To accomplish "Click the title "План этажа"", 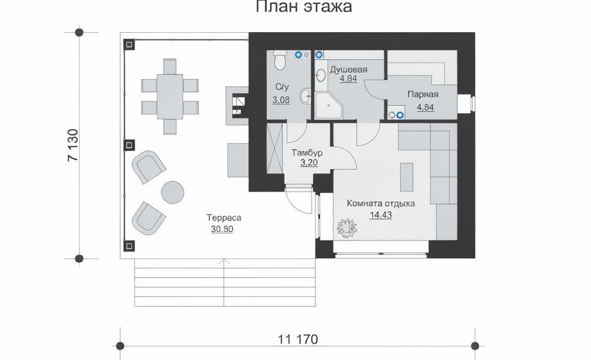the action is point(304,7).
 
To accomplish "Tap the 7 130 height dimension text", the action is point(73,145).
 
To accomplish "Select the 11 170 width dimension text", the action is point(298,339).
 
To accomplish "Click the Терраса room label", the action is point(224,218).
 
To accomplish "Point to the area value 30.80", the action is point(222,229).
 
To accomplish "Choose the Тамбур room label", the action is point(307,153).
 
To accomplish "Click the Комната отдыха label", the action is point(381,203).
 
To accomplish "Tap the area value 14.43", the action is point(381,215).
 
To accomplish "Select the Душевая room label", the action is point(348,70).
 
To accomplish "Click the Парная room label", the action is point(423,94).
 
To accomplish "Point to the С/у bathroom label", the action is point(282,87).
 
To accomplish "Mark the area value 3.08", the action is point(281,100).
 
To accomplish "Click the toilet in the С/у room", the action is point(280,60).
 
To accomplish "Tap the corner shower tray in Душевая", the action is point(328,105).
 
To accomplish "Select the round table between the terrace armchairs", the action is point(173,192).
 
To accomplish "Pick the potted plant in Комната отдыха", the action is point(346,228).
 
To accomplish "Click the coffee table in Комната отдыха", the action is point(406,177).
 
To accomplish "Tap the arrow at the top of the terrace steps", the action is point(224,261).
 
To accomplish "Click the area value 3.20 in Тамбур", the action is point(309,163).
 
